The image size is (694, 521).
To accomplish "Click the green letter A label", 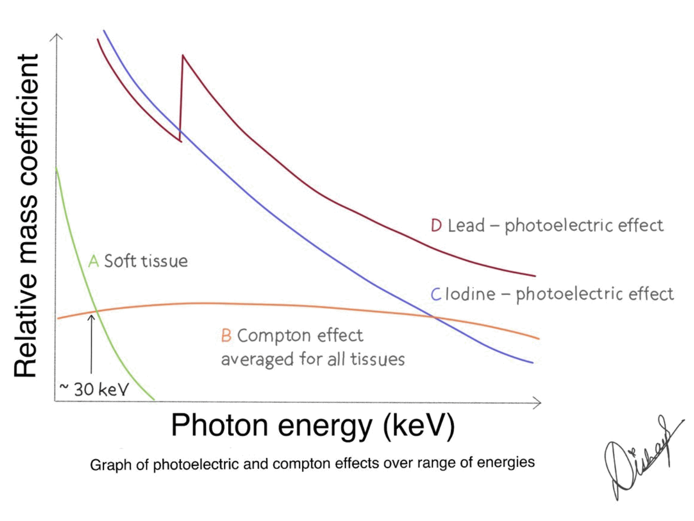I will point(93,261).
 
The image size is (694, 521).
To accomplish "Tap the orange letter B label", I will point(226,336).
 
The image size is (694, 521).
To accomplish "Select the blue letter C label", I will point(435,294).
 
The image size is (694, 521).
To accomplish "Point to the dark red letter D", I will point(436,225).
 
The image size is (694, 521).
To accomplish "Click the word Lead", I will point(466,225).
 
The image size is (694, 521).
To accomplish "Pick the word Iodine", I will point(470,294).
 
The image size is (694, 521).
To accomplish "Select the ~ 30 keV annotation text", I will point(94,389).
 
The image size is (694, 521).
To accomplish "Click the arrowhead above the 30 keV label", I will point(91,317).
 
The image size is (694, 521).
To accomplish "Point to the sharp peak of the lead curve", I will point(182,56).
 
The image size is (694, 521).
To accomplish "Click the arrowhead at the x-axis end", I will point(538,403).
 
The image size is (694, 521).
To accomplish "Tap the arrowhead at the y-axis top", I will point(56,36).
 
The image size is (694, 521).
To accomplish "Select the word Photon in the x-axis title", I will point(220,425).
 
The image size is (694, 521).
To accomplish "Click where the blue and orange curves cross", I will point(435,317).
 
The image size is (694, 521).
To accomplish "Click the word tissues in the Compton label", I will point(377,359).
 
